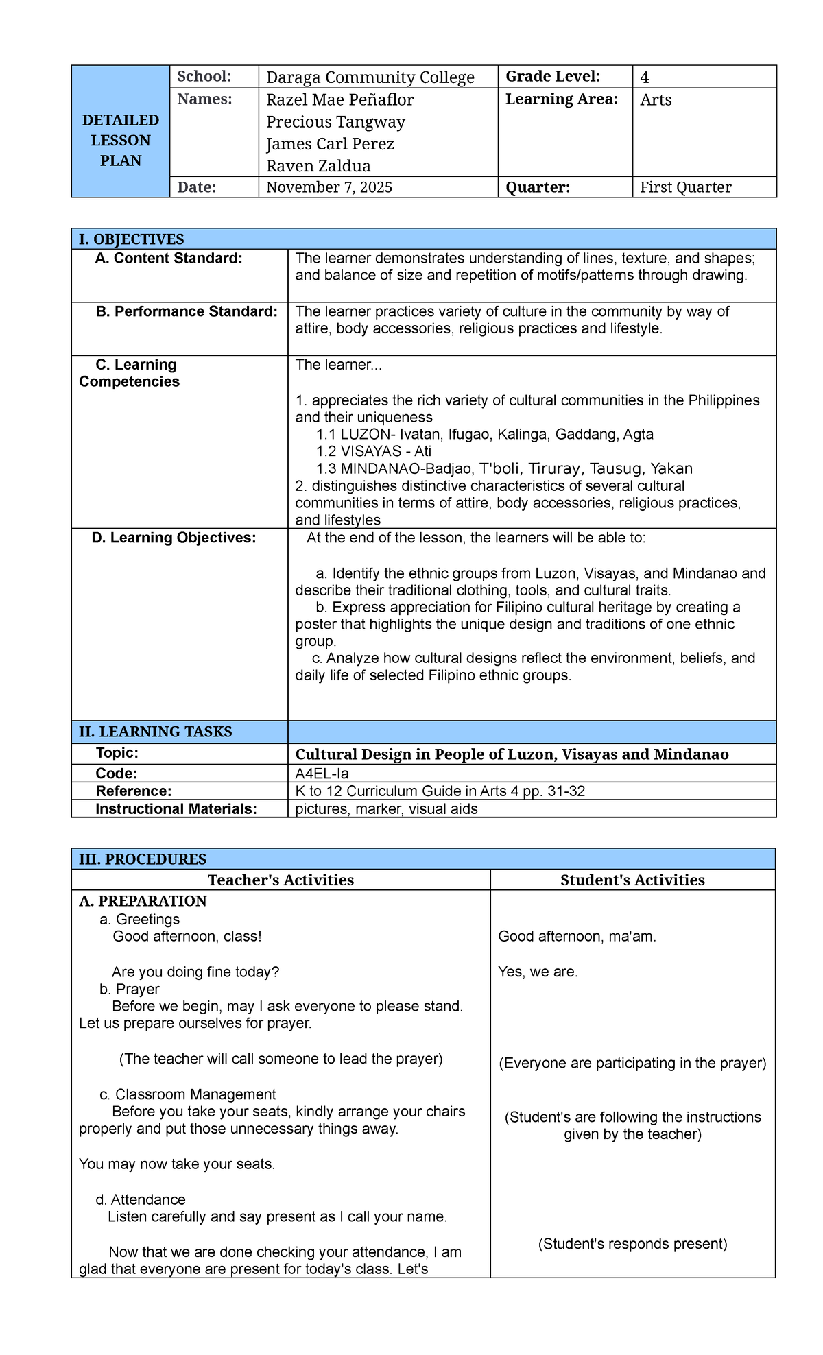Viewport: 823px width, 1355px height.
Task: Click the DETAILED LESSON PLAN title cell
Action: (121, 140)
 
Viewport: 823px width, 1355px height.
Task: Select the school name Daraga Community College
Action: (370, 77)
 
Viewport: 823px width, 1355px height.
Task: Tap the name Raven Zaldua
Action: (318, 166)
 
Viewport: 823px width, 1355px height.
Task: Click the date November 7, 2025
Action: (329, 187)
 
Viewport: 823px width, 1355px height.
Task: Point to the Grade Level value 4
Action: (645, 77)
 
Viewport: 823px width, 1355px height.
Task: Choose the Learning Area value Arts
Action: (656, 100)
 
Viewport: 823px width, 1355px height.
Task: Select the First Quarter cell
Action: (685, 187)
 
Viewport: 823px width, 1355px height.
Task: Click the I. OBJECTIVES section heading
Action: (132, 239)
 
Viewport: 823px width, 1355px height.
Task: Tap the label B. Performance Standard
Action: (187, 311)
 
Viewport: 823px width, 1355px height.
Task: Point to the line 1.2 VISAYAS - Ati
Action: (374, 451)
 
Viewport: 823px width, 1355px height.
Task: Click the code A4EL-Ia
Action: (322, 774)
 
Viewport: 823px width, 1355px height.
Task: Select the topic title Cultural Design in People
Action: (512, 754)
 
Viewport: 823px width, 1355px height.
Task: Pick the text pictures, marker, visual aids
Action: (386, 809)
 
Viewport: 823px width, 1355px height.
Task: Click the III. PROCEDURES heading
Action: (143, 859)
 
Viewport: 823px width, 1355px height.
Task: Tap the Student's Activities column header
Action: (632, 880)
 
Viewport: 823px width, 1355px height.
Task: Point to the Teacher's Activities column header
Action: (281, 880)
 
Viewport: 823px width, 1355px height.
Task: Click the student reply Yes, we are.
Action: (538, 972)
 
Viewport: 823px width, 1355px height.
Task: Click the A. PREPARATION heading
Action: (143, 901)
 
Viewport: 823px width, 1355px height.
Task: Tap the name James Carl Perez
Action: (330, 144)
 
